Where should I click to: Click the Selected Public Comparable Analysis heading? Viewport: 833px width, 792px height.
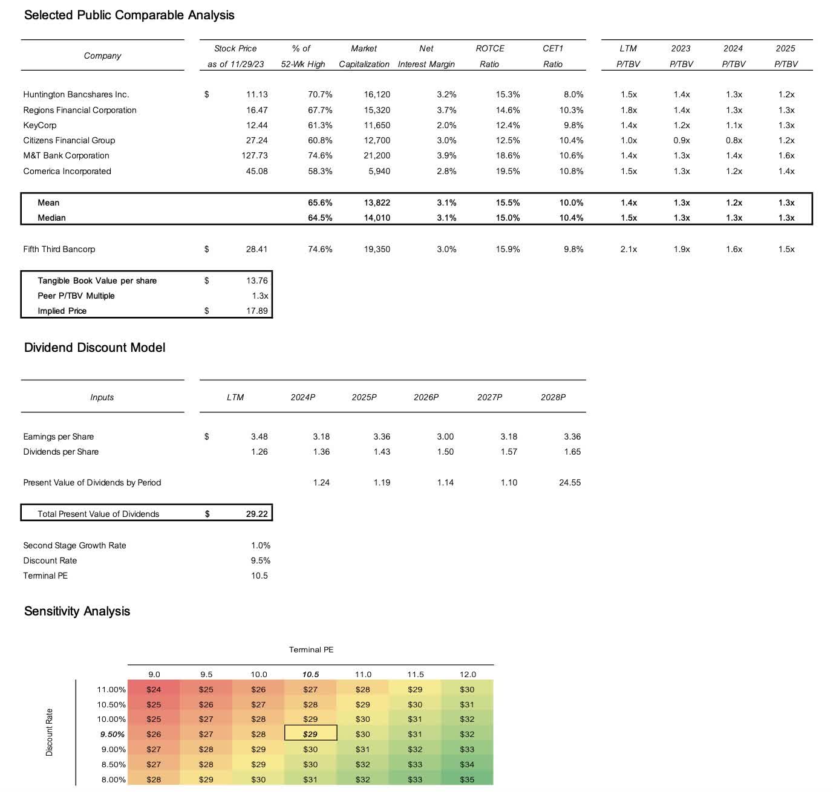point(129,15)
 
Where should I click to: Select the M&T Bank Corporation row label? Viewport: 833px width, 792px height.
point(66,155)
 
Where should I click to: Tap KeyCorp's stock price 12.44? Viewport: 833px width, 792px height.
point(256,125)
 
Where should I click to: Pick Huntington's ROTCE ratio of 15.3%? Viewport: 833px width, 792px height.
point(508,94)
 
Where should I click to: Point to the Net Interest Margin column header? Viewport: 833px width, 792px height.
point(426,56)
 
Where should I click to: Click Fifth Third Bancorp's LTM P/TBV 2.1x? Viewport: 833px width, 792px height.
point(629,249)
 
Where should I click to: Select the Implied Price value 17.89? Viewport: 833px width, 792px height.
point(256,311)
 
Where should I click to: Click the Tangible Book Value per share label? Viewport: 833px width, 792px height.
point(97,281)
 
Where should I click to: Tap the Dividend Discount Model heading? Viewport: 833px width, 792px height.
point(94,348)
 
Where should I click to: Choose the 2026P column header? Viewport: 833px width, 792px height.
point(426,397)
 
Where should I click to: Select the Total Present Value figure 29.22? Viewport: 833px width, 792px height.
point(256,514)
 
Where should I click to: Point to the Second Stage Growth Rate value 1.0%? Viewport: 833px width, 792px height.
point(261,545)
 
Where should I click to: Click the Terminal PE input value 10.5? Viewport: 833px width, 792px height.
point(259,576)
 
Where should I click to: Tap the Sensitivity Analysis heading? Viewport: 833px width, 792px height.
point(77,611)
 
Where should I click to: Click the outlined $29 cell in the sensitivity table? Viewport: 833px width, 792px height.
point(310,734)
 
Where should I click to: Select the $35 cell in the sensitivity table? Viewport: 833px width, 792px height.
point(467,779)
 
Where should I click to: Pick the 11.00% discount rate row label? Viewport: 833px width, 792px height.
point(111,689)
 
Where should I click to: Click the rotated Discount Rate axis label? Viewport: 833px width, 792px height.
point(50,732)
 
